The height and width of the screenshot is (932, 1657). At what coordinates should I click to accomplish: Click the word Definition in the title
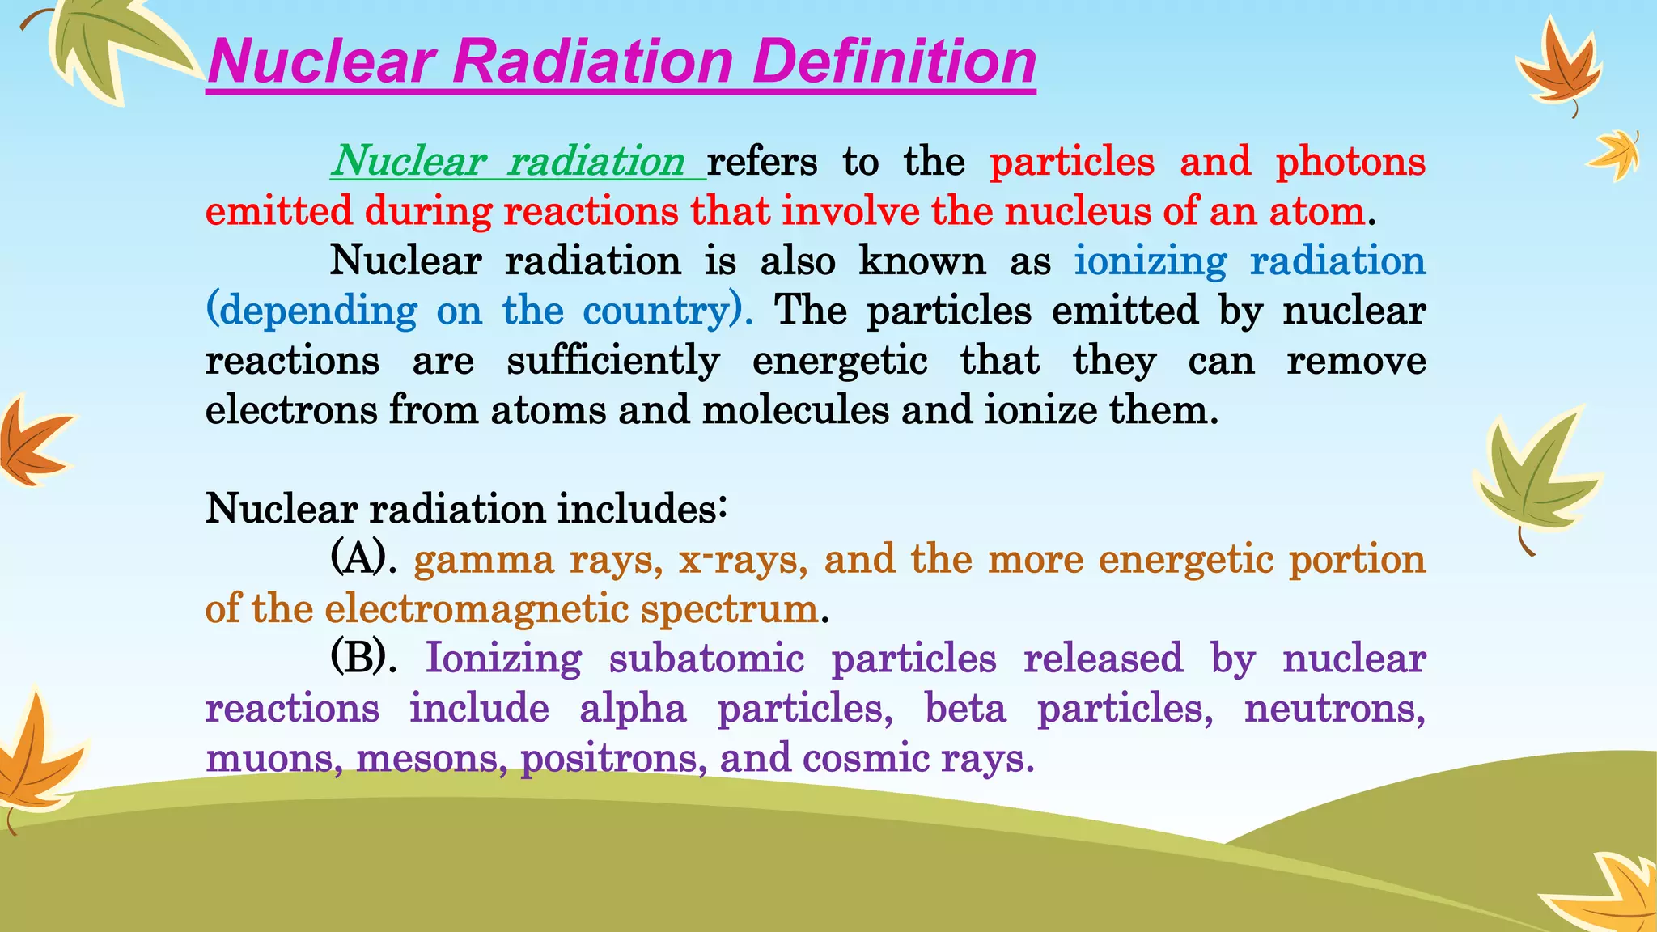[894, 63]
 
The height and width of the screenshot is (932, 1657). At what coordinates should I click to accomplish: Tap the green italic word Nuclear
[408, 161]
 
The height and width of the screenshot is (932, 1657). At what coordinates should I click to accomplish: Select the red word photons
[1350, 161]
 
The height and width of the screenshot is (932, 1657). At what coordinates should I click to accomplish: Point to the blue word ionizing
[1150, 261]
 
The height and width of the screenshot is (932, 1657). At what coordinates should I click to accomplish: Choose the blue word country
[656, 311]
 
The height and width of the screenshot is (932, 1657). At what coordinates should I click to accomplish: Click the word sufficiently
[612, 361]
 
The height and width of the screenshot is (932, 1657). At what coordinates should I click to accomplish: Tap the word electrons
[291, 410]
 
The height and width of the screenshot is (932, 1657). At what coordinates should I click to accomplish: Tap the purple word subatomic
[706, 659]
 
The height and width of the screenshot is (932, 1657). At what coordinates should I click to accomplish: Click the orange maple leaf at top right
[1558, 69]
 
